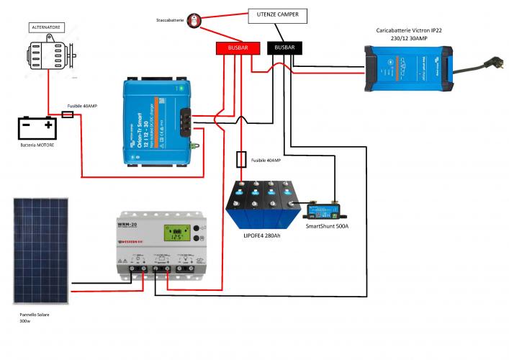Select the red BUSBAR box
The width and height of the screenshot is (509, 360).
[x=238, y=48]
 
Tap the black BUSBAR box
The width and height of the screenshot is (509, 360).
[x=285, y=48]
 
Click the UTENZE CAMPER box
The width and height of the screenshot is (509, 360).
[x=277, y=15]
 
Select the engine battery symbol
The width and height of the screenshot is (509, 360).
[x=37, y=127]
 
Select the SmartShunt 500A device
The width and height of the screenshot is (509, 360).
[x=324, y=211]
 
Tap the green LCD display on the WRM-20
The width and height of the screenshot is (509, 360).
[x=175, y=233]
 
